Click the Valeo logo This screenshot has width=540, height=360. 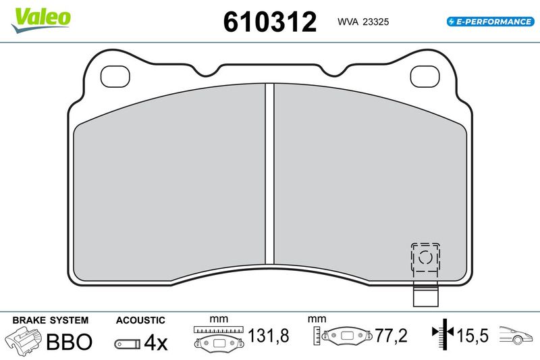pyautogui.click(x=40, y=20)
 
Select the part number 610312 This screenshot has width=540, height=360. pyautogui.click(x=269, y=22)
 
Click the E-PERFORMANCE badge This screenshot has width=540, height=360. pyautogui.click(x=490, y=22)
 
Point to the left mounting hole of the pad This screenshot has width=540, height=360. pyautogui.click(x=115, y=76)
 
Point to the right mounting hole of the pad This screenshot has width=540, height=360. pyautogui.click(x=425, y=76)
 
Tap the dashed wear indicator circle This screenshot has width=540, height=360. pyautogui.click(x=425, y=257)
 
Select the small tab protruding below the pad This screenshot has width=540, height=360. pyautogui.click(x=426, y=294)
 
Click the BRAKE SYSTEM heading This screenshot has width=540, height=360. pyautogui.click(x=50, y=320)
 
